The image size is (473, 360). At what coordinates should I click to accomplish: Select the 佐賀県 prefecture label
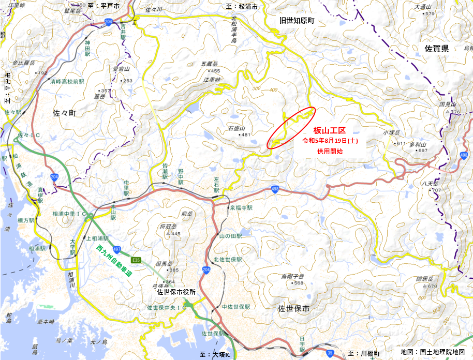pyautogui.click(x=436, y=49)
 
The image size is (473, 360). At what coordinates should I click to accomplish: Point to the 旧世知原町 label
pyautogui.click(x=297, y=20)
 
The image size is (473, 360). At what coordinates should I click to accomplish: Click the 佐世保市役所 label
pyautogui.click(x=176, y=292)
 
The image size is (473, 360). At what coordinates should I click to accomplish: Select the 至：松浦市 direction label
pyautogui.click(x=242, y=6)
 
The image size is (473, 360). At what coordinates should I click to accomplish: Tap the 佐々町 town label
pyautogui.click(x=64, y=112)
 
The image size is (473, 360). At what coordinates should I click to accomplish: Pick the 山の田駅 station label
pyautogui.click(x=231, y=235)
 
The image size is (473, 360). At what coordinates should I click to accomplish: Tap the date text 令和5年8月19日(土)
pyautogui.click(x=330, y=141)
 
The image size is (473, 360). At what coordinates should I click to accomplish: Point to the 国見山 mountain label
pyautogui.click(x=447, y=104)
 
